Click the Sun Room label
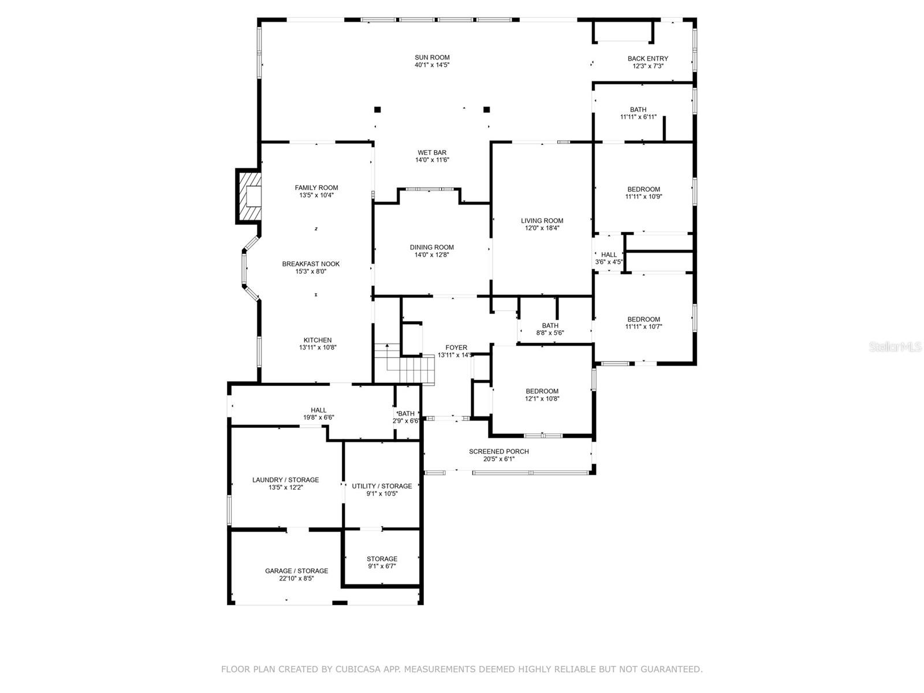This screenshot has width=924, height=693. coord(432,58)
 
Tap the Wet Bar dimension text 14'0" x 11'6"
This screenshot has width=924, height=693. coord(432,160)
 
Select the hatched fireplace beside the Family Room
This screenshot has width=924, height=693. coord(248,196)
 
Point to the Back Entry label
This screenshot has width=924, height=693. coord(647,58)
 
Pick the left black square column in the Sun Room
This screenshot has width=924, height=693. coord(377,109)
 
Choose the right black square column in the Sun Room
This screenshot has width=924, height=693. coord(486,109)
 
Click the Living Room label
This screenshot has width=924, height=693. coord(542,221)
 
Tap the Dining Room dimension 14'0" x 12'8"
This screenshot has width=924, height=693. coord(432,255)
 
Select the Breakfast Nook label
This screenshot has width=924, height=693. coord(311,264)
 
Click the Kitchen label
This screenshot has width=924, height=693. coord(318,340)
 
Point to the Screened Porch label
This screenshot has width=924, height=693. coord(498,452)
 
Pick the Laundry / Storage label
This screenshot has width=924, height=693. coord(285,480)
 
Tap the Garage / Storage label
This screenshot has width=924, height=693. coord(296,571)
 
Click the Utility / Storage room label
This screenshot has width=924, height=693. coord(382,486)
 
